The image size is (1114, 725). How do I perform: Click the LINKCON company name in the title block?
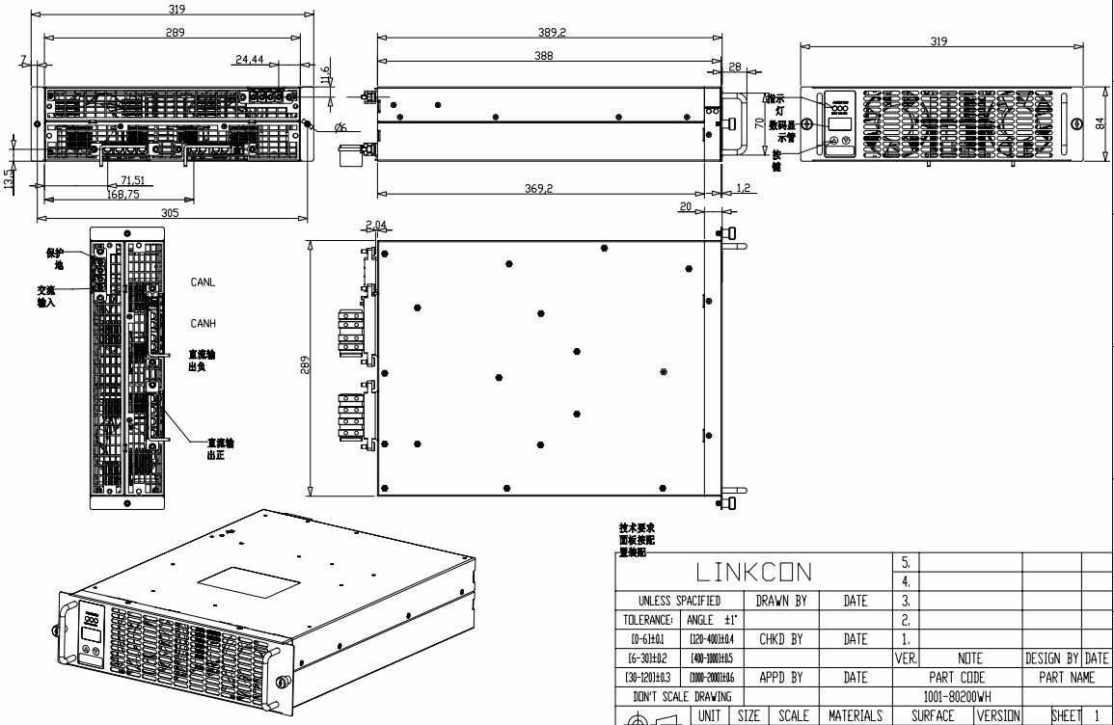754,572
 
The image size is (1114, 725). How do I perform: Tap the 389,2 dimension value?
552,32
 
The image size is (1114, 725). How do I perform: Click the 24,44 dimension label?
249,60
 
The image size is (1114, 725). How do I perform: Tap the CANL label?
203,282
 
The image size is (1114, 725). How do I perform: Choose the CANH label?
203,323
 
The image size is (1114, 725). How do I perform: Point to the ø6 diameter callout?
340,128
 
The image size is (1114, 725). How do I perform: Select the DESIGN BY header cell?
1051,658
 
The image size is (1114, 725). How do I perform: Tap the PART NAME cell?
1066,678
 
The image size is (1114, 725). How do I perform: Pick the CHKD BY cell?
781,638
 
